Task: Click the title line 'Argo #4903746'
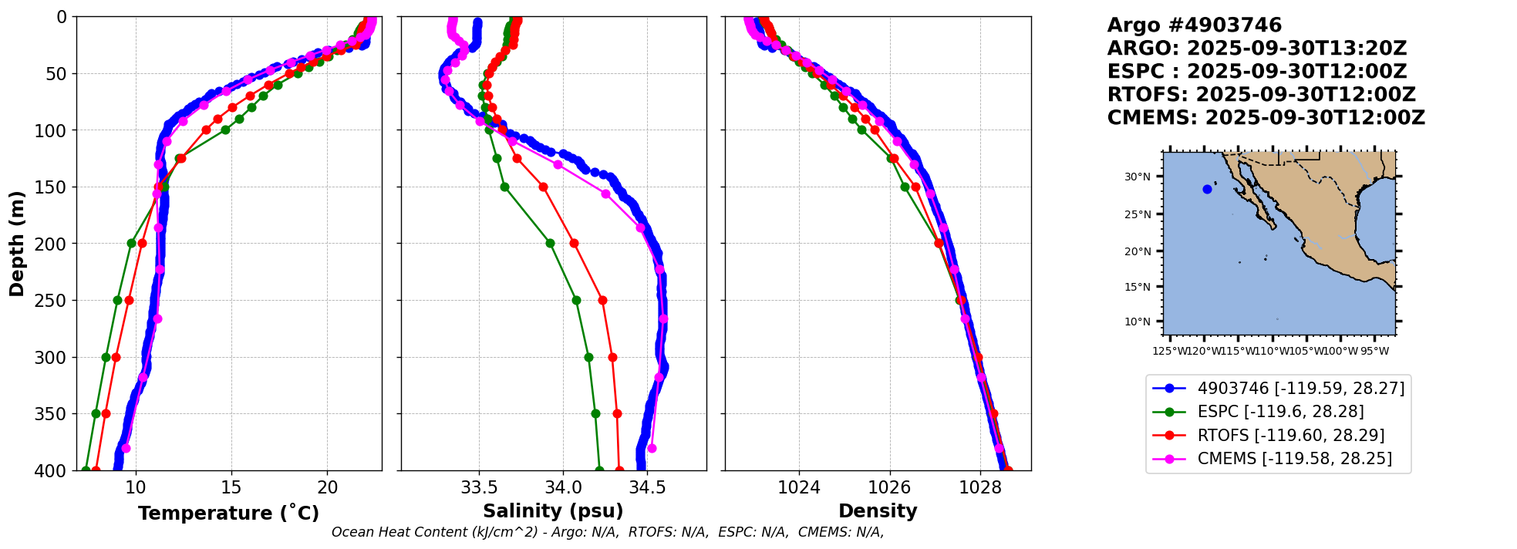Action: tap(1194, 25)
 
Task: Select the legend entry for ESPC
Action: tap(1280, 412)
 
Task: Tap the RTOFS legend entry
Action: tap(1290, 436)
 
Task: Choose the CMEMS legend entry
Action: tap(1294, 459)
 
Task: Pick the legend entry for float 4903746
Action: tap(1300, 389)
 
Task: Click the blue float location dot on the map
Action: tap(1207, 189)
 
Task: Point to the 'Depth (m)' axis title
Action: tap(17, 244)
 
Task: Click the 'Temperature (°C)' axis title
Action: tap(228, 514)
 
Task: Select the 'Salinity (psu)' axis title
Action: tap(553, 511)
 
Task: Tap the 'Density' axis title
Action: tap(878, 511)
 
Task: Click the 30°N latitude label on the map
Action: tap(1137, 177)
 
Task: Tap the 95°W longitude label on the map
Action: tap(1374, 352)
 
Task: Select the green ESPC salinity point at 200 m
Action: tap(550, 243)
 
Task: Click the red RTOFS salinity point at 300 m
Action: tap(612, 357)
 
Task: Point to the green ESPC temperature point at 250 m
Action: tap(117, 300)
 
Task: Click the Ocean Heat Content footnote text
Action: tap(608, 532)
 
